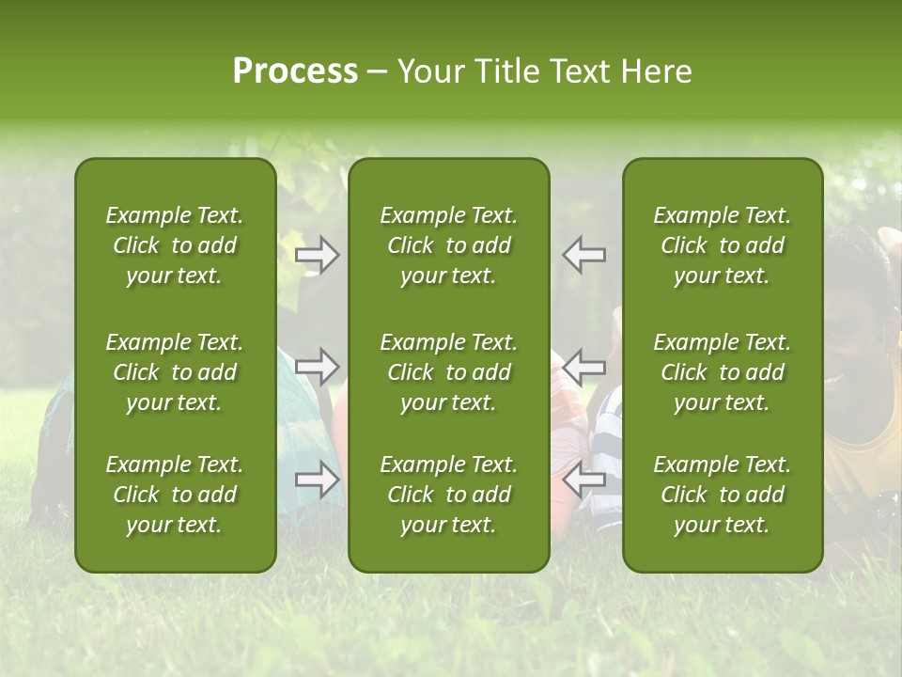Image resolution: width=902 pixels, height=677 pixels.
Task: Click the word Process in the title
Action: pyautogui.click(x=295, y=71)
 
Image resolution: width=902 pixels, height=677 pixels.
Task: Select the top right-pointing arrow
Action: pyautogui.click(x=318, y=255)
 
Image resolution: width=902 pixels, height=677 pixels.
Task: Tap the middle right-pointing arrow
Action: pyautogui.click(x=318, y=367)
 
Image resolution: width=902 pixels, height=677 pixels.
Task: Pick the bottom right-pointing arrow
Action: pyautogui.click(x=318, y=480)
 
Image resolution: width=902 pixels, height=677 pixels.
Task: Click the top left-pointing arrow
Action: pyautogui.click(x=584, y=255)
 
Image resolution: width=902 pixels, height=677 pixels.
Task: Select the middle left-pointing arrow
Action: pyautogui.click(x=584, y=367)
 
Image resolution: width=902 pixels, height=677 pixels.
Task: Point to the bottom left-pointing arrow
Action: pyautogui.click(x=584, y=480)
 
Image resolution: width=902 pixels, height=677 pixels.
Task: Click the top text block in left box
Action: pyautogui.click(x=175, y=245)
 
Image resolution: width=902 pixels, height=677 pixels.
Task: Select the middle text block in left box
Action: pyautogui.click(x=175, y=372)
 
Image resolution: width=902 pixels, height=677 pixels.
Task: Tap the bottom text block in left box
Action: pyautogui.click(x=175, y=495)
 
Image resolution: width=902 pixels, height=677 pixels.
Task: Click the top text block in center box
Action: pyautogui.click(x=449, y=245)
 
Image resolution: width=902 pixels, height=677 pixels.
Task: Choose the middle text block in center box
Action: pyautogui.click(x=449, y=372)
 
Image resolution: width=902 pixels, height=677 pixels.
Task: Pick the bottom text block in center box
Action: pyautogui.click(x=449, y=495)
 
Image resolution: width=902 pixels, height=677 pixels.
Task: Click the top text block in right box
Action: pyautogui.click(x=723, y=245)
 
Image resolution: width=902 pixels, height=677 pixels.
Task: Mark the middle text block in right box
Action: pyautogui.click(x=723, y=372)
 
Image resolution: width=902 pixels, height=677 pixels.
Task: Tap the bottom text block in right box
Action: pyautogui.click(x=723, y=495)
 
